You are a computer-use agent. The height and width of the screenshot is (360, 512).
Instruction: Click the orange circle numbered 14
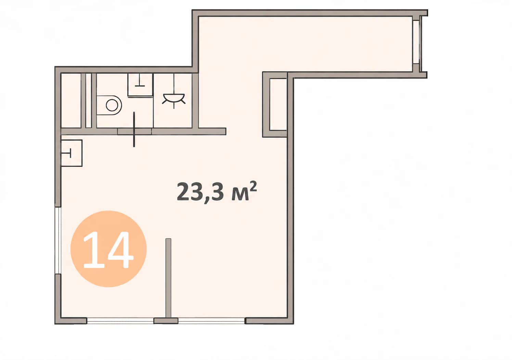[x=108, y=249]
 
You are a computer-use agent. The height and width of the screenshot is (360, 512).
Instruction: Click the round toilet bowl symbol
[x=112, y=105]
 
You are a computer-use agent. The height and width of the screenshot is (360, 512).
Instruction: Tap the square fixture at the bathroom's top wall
[x=140, y=85]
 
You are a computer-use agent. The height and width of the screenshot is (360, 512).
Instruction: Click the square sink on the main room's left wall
[x=72, y=153]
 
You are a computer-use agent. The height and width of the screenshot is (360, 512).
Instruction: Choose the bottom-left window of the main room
[x=120, y=321]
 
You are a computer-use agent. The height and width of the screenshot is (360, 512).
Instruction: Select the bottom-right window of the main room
[x=212, y=321]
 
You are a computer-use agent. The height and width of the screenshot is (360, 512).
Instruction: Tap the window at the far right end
[x=418, y=42]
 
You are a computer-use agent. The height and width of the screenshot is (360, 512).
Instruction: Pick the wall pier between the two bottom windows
[x=166, y=321]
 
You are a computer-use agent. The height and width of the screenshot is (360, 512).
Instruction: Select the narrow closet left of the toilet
[x=71, y=100]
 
